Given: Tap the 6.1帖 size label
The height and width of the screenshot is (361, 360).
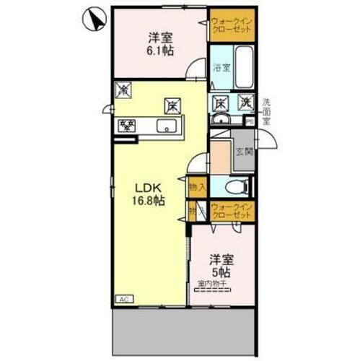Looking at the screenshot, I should (161, 51).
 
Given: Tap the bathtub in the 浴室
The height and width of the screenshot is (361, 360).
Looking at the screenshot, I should (243, 68).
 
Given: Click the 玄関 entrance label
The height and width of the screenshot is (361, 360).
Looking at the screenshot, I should (244, 152).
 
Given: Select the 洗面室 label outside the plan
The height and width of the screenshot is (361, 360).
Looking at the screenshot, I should (266, 111).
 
